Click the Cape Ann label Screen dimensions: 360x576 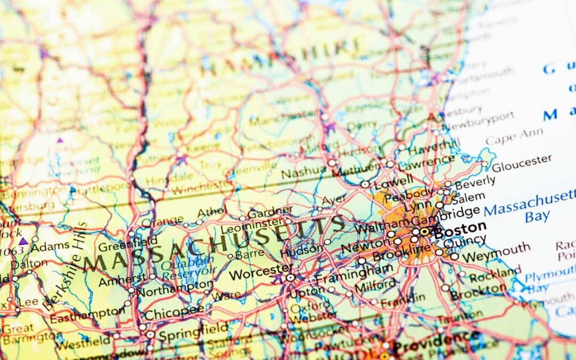click(515, 137)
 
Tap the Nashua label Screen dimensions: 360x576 click(303, 172)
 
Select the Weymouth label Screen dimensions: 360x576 click(497, 251)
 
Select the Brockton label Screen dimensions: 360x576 click(477, 292)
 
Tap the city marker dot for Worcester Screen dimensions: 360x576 click(291, 277)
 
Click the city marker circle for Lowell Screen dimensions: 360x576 click(365, 184)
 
